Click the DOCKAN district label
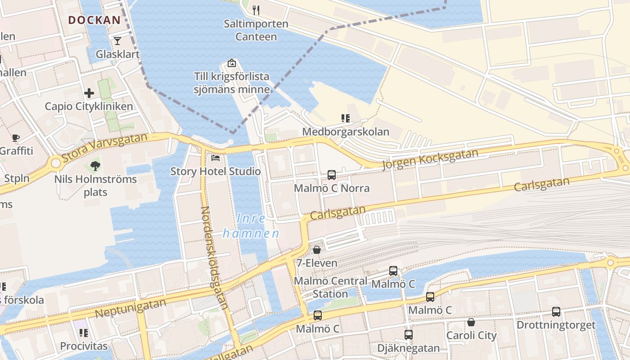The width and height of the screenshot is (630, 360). tap(94, 20)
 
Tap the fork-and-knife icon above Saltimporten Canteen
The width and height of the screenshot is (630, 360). tap(256, 10)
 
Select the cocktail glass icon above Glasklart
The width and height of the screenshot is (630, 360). tap(117, 41)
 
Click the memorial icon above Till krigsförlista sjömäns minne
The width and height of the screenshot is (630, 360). tap(232, 63)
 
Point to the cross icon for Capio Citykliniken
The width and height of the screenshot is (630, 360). tap(89, 93)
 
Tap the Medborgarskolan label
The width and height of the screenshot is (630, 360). tap(346, 132)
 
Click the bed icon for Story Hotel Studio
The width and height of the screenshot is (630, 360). tap(216, 158)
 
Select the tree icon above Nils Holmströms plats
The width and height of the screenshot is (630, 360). tap(95, 166)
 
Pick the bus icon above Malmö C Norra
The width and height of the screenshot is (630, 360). tap(332, 175)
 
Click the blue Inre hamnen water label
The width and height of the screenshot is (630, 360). tap(251, 226)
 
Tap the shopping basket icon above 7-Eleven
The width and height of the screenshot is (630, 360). tap(317, 249)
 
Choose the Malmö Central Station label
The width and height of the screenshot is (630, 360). tap(330, 288)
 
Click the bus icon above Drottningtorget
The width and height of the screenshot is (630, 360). tap(556, 311)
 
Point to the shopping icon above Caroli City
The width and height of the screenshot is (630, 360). tap(471, 322)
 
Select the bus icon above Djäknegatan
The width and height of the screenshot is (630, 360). tap(409, 335)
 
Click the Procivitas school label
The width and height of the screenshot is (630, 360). tap(84, 346)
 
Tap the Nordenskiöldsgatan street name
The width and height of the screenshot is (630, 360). tap(214, 258)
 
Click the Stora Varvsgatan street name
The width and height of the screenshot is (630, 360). tap(105, 147)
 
